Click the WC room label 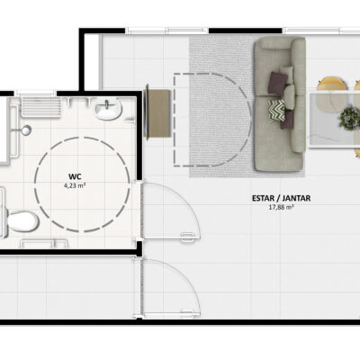click(x=75, y=176)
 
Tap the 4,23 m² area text click(x=75, y=185)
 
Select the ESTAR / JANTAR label click(x=281, y=198)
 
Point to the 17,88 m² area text click(x=281, y=207)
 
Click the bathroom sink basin click(x=108, y=109)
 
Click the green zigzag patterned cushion click(x=276, y=111)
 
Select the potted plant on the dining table click(x=349, y=117)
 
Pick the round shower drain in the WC click(x=26, y=130)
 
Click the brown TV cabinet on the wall click(x=157, y=113)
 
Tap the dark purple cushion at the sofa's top click(x=277, y=83)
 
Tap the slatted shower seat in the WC click(x=41, y=107)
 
